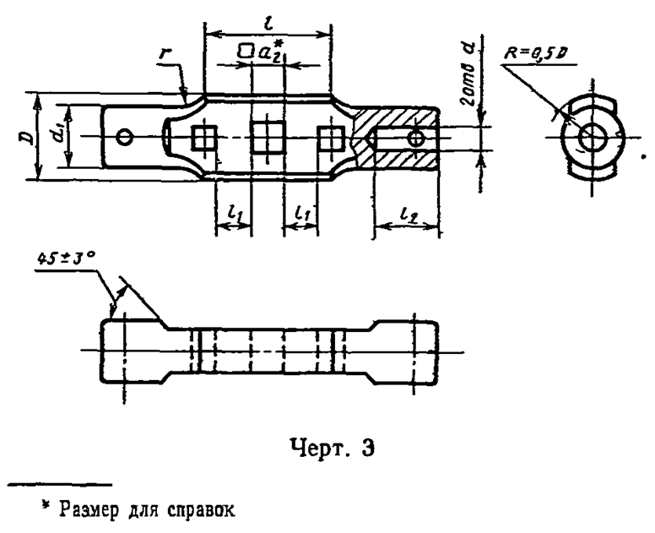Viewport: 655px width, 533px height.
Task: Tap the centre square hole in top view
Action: [x=268, y=137]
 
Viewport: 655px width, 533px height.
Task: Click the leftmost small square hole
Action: [x=203, y=137]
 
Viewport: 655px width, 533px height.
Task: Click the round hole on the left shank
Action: [x=126, y=136]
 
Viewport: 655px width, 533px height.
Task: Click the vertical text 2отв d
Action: [x=471, y=74]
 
